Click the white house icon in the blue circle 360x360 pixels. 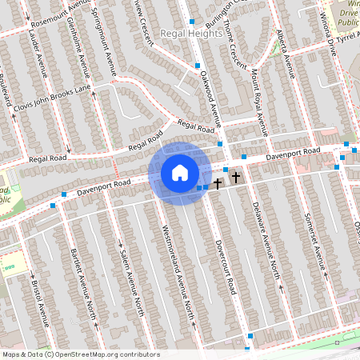179,173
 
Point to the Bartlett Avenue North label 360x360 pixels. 82,271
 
